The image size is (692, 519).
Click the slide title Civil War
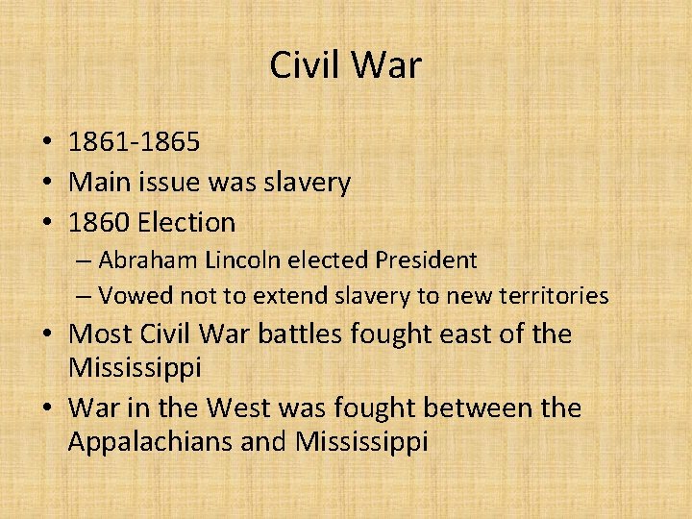pos(346,65)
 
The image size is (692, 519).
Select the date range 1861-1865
pos(135,142)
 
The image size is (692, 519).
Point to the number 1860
pos(99,222)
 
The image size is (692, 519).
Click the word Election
pos(186,222)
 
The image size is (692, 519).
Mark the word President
pos(426,259)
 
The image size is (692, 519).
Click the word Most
pos(99,334)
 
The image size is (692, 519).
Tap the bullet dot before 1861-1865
pos(46,143)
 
